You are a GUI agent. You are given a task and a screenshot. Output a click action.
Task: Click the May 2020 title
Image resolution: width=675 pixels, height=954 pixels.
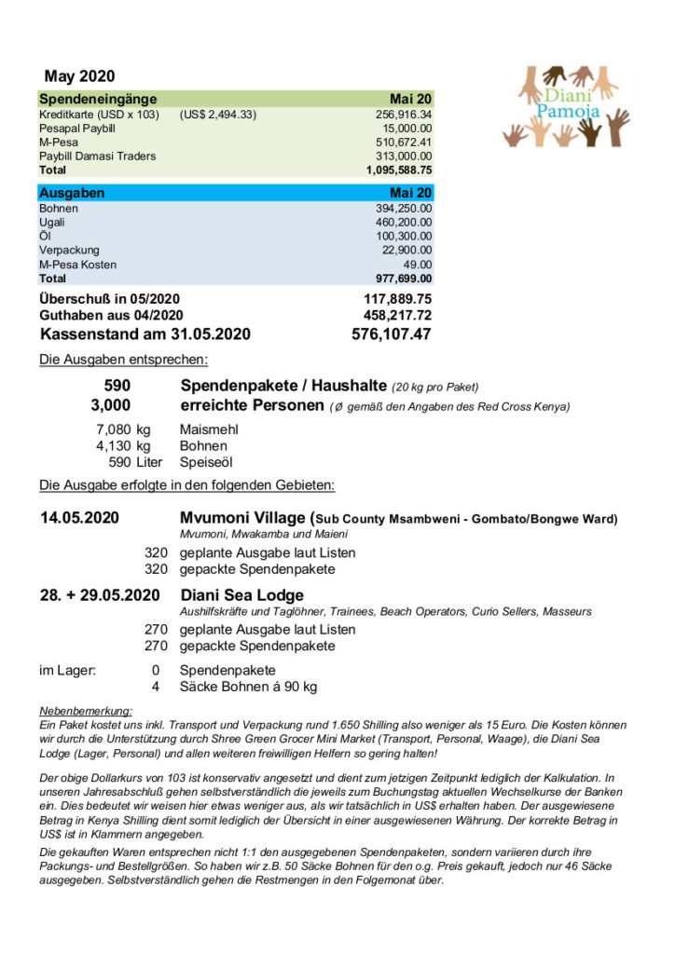[79, 76]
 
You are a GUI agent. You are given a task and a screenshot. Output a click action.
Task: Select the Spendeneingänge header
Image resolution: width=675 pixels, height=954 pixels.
[98, 99]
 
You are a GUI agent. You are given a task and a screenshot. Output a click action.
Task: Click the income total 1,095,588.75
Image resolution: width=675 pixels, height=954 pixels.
[398, 170]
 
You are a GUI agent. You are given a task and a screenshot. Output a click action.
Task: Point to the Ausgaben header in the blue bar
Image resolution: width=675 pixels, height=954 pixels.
[72, 193]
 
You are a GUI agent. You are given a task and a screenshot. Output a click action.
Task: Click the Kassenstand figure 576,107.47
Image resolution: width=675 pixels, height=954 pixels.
[391, 334]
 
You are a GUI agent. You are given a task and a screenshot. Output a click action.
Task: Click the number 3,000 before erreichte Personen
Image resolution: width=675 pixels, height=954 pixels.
[111, 405]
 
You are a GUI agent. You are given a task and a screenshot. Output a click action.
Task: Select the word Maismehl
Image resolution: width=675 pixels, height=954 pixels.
[209, 429]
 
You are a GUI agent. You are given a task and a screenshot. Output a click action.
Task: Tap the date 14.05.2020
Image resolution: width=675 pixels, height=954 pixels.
[79, 518]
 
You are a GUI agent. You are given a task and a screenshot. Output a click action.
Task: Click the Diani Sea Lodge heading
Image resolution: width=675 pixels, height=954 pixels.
[241, 595]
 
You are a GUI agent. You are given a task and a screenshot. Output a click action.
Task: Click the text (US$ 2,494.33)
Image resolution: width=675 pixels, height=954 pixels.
[217, 115]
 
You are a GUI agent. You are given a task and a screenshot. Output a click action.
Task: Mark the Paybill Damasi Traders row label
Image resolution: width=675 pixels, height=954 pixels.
[97, 157]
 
